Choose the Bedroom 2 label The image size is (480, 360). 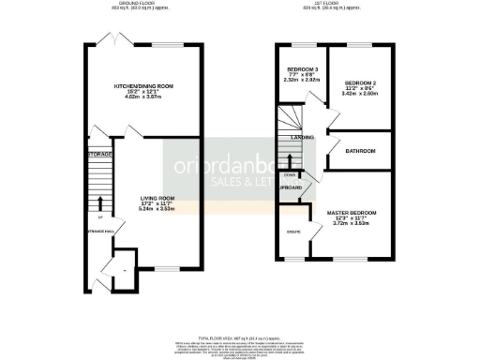(360, 82)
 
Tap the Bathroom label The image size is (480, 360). (360, 151)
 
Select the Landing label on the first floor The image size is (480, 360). (301, 138)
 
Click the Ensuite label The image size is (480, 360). (292, 231)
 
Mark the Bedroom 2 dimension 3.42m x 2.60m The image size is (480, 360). (360, 94)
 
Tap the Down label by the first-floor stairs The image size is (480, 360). (290, 174)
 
